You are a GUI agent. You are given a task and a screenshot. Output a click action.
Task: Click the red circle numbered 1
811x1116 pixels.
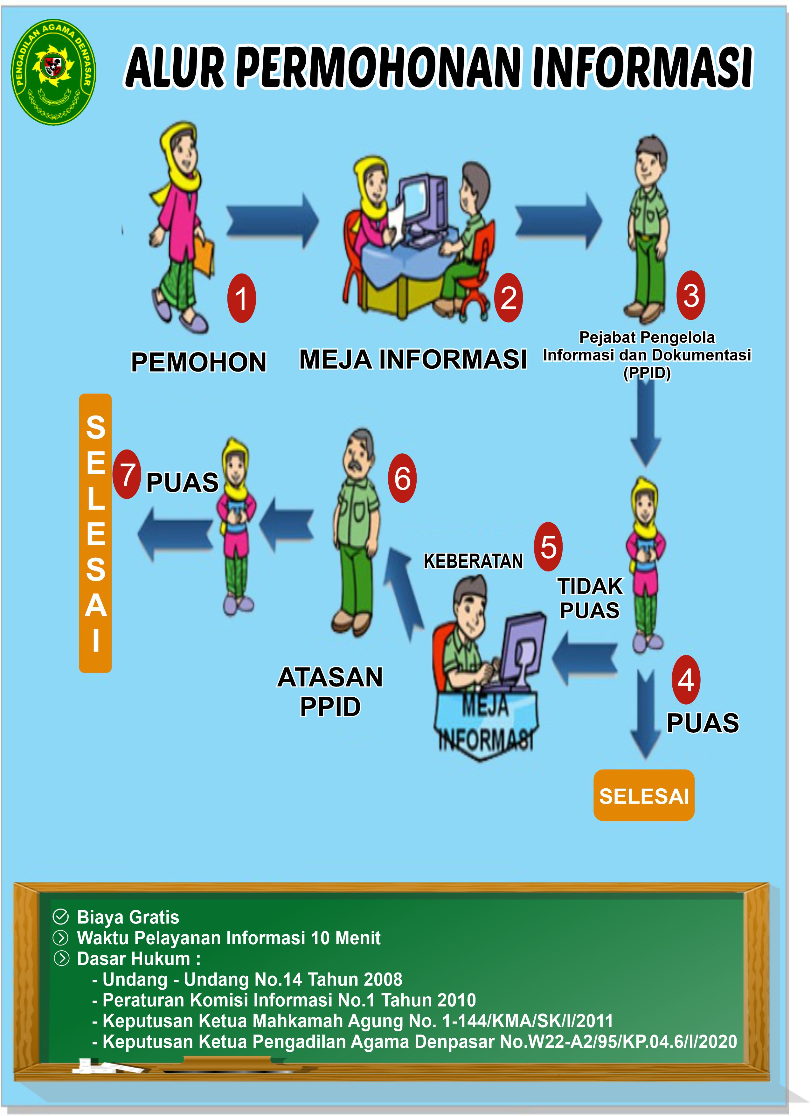[x=241, y=298]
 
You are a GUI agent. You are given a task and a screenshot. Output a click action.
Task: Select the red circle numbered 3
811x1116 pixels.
[x=690, y=295]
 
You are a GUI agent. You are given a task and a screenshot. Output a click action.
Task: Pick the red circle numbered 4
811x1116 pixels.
[x=686, y=680]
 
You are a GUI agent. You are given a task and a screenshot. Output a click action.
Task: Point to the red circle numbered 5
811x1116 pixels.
[x=548, y=547]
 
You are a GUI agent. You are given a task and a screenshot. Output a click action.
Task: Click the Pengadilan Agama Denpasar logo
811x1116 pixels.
[x=54, y=72]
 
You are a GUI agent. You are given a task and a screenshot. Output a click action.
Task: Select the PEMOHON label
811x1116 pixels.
[x=199, y=362]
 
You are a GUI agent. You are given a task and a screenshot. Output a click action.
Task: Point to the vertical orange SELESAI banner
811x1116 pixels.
[x=95, y=533]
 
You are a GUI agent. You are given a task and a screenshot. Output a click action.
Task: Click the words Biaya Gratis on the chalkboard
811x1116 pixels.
[x=128, y=917]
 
